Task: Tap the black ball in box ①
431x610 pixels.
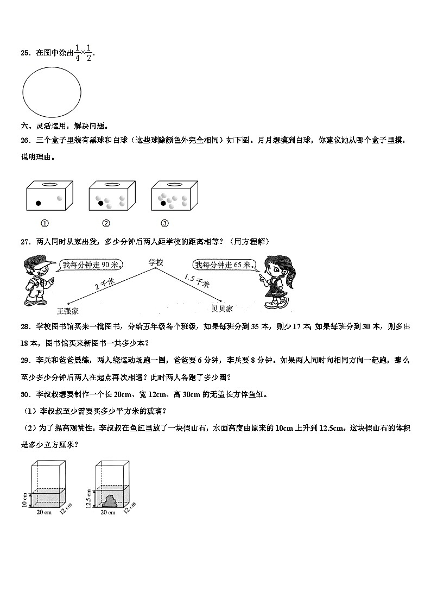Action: (38, 204)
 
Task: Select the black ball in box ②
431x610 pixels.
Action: (100, 203)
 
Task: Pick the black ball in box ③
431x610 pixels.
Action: (163, 203)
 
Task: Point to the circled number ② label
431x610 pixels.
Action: (106, 223)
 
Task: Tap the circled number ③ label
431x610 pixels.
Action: (165, 223)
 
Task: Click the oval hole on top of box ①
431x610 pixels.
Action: (49, 185)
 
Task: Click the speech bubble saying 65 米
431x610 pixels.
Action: (224, 265)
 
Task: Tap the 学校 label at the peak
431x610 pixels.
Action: (156, 262)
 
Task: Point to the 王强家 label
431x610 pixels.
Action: (68, 311)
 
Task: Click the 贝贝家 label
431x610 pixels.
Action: (222, 308)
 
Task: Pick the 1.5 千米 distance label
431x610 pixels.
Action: (197, 281)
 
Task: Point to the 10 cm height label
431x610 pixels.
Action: (24, 498)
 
